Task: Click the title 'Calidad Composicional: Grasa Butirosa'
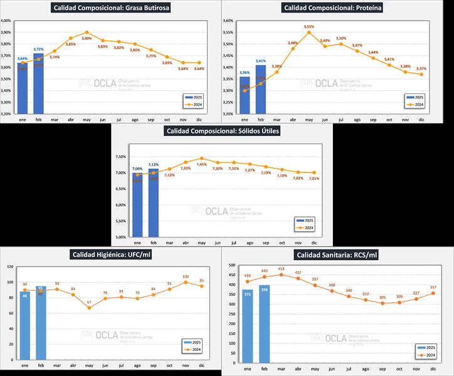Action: point(112,8)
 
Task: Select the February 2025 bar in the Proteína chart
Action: point(261,90)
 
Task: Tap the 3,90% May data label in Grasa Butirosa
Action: point(87,39)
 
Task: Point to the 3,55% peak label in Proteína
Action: point(309,27)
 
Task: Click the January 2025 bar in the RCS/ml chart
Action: point(248,325)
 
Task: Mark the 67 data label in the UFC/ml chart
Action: point(89,302)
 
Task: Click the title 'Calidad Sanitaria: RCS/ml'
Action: point(337,254)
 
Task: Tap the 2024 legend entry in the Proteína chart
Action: point(416,105)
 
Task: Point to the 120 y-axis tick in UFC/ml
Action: point(10,266)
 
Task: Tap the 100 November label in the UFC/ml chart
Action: point(185,276)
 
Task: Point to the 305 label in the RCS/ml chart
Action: point(383,297)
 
